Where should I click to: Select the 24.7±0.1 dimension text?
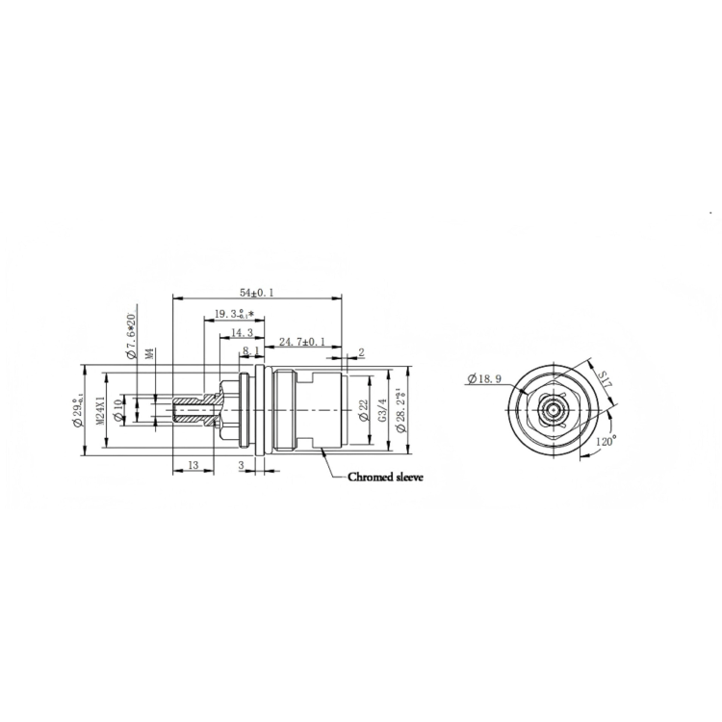point(301,341)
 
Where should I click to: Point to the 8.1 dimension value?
point(251,351)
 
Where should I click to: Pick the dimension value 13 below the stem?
point(193,465)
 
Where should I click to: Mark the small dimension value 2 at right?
point(361,352)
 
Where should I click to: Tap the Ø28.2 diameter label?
point(400,408)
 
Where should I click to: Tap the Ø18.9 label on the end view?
point(483,378)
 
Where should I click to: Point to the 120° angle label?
point(605,441)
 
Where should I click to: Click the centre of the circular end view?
point(553,408)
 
